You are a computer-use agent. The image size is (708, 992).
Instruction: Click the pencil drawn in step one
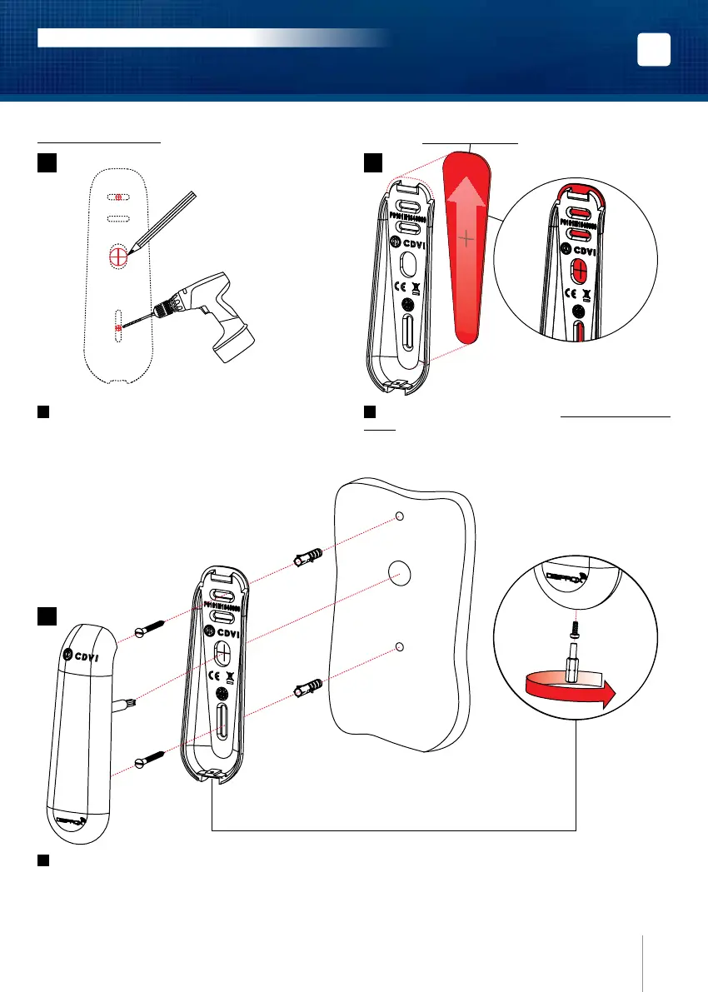click(162, 222)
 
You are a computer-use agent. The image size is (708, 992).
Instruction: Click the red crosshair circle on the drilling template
click(117, 254)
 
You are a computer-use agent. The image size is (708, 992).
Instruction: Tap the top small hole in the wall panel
click(399, 516)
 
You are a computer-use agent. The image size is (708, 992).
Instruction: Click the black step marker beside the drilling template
click(46, 164)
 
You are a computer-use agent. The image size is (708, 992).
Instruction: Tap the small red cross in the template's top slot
click(118, 197)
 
